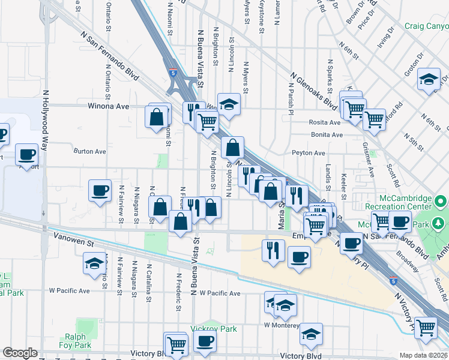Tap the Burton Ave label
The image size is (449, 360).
pyautogui.click(x=89, y=152)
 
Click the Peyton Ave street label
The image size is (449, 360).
pyautogui.click(x=309, y=153)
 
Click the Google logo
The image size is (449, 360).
pyautogui.click(x=20, y=353)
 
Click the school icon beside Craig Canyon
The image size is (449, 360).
pyautogui.click(x=429, y=80)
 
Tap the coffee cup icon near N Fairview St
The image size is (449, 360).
pyautogui.click(x=100, y=191)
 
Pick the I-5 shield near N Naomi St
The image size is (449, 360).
pyautogui.click(x=173, y=73)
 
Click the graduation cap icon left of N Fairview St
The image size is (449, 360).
pyautogui.click(x=95, y=263)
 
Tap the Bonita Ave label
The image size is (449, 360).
pyautogui.click(x=327, y=135)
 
